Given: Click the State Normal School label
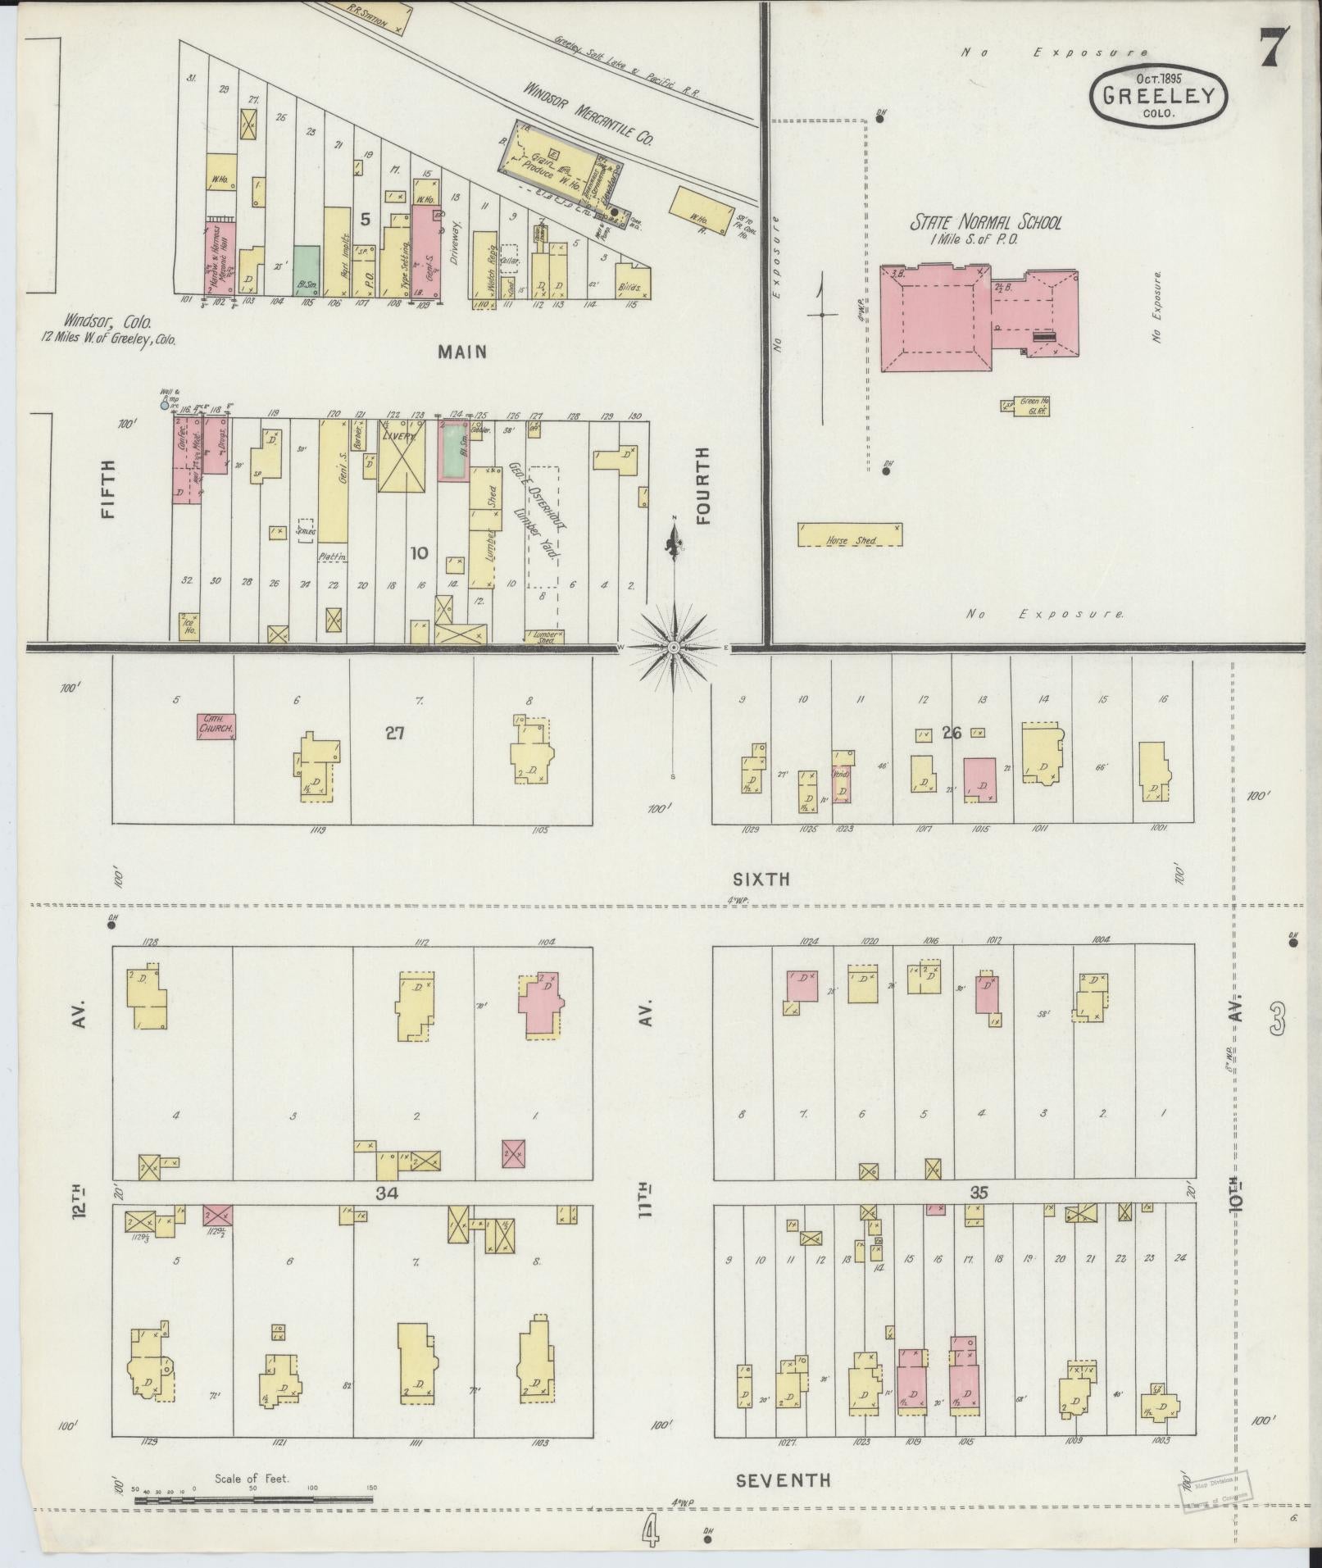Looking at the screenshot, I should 986,222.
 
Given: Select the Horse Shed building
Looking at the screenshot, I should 850,535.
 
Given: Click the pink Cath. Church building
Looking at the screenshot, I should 216,726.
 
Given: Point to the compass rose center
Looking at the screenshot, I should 673,648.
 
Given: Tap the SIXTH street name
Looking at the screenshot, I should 761,879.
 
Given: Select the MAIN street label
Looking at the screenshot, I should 462,352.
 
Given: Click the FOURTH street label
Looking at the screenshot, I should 702,485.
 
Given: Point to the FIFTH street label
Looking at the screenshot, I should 107,489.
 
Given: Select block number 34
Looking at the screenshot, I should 386,1194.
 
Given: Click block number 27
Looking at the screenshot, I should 396,733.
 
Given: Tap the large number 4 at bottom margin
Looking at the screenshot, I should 650,1534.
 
